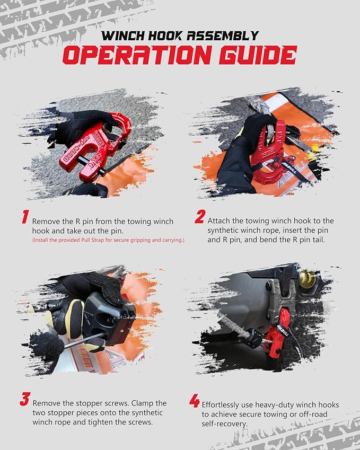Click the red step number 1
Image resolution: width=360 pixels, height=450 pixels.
pos(24,217)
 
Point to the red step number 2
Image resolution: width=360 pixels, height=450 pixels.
pos(199,217)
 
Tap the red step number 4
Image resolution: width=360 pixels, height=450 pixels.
pos(195,401)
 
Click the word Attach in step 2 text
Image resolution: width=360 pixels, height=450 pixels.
pos(219,220)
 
